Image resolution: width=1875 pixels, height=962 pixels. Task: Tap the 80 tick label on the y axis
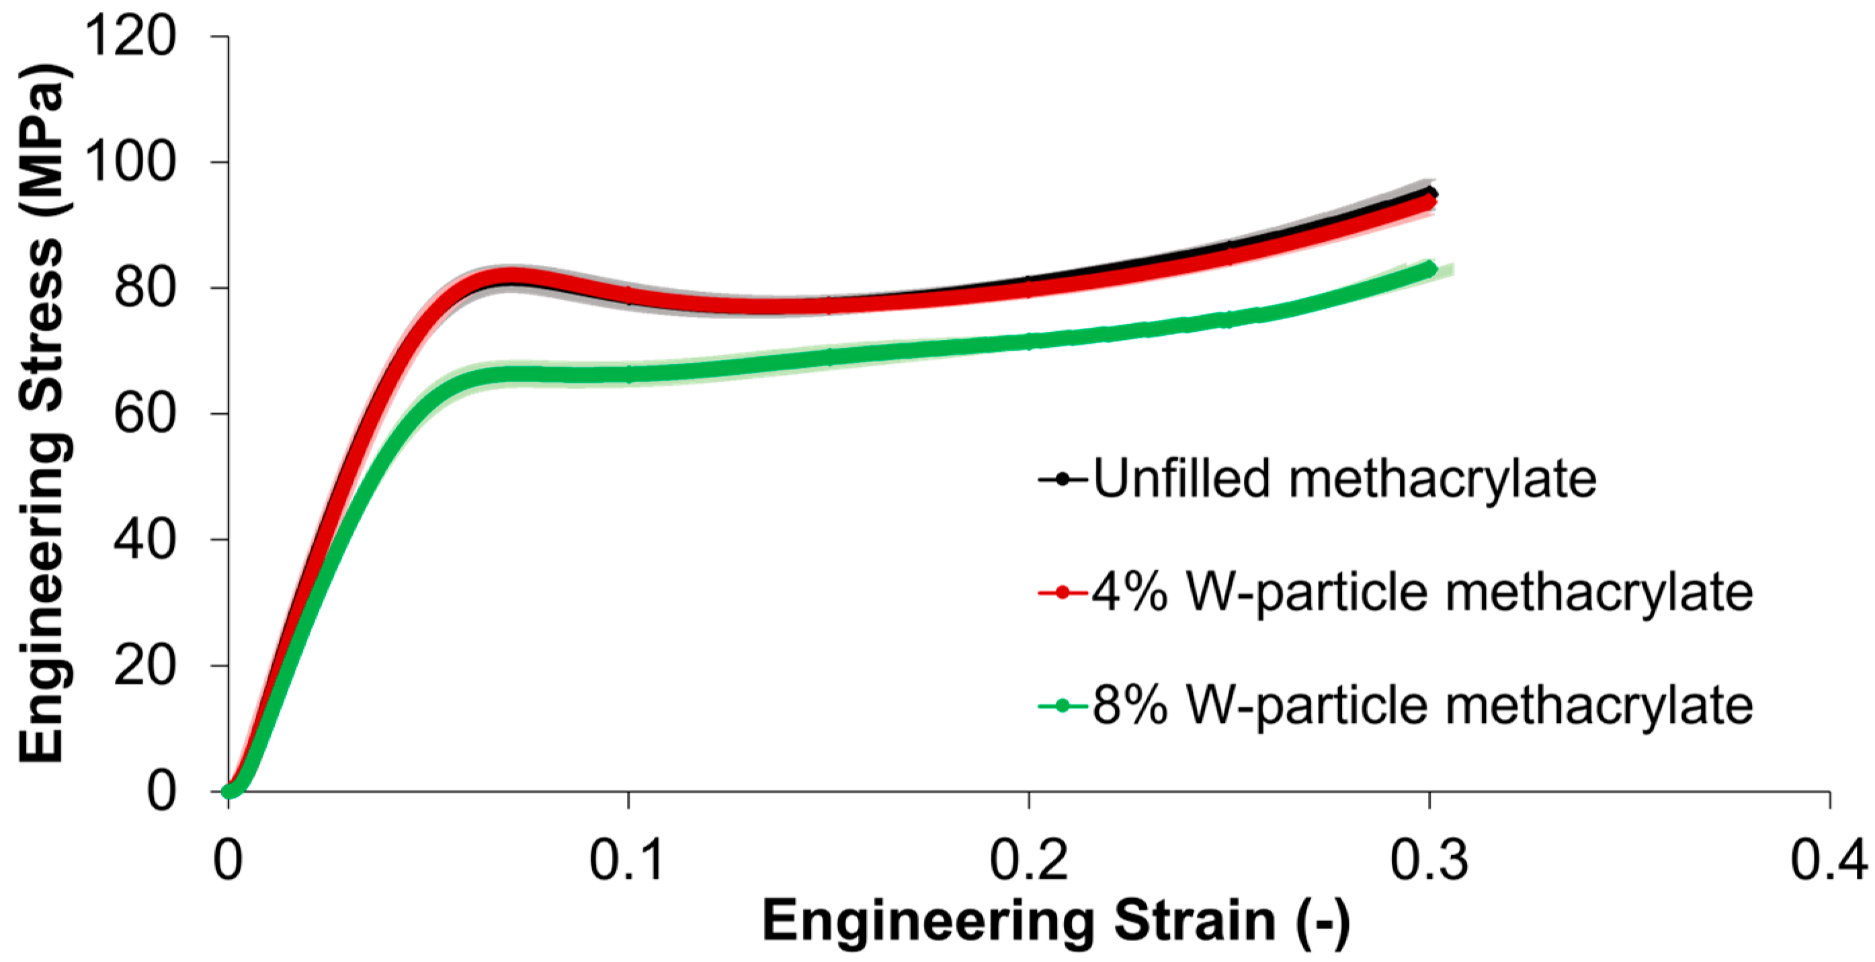[x=145, y=288]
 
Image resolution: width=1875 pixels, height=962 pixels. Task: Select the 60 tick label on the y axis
[x=145, y=413]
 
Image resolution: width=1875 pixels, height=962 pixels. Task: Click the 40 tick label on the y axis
[x=145, y=539]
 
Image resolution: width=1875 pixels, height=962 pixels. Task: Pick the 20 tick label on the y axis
[x=145, y=665]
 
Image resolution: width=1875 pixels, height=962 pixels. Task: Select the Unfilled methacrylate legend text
[x=1344, y=479]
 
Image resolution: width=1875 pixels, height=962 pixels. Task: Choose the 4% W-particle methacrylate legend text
[x=1422, y=593]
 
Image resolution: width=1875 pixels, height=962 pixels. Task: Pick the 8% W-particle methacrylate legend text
[x=1422, y=705]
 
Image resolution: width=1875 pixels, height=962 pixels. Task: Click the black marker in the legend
[x=1062, y=480]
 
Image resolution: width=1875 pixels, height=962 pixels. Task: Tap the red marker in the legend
[x=1062, y=593]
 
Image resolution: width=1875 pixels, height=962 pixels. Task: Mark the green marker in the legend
[x=1062, y=705]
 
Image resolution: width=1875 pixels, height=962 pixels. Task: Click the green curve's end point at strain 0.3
[x=1429, y=269]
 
